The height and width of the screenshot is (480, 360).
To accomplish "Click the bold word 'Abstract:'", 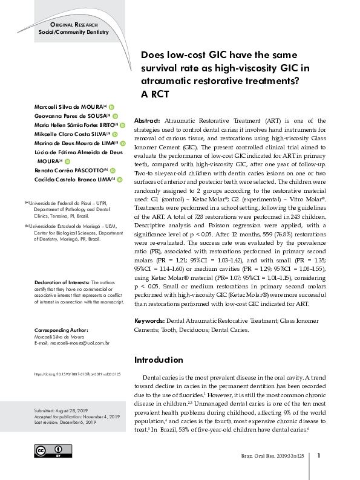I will pyautogui.click(x=146, y=121).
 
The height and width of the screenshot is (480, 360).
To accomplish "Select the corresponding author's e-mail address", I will pyautogui.click(x=71, y=343).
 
